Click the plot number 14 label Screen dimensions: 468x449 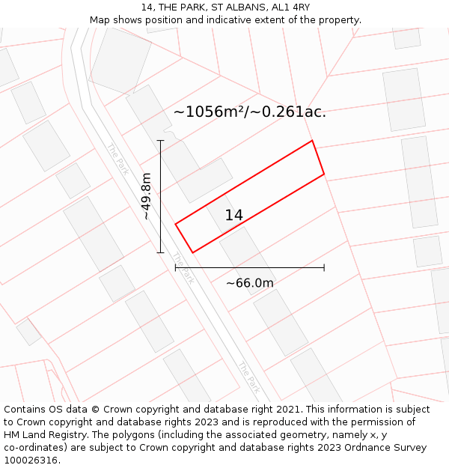pyautogui.click(x=233, y=216)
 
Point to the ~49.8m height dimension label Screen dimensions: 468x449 pyautogui.click(x=146, y=196)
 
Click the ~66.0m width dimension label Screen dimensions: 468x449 pyautogui.click(x=249, y=283)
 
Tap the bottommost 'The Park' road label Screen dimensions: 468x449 pyautogui.click(x=249, y=377)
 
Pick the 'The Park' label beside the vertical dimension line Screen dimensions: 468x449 pyautogui.click(x=183, y=268)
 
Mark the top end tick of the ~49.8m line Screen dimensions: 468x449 pyautogui.click(x=160, y=140)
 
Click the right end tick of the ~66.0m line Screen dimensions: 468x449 pyautogui.click(x=324, y=267)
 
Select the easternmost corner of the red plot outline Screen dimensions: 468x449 pyautogui.click(x=324, y=174)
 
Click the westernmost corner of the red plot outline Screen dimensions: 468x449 pyautogui.click(x=176, y=224)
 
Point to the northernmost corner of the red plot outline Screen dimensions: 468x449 pyautogui.click(x=311, y=141)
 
